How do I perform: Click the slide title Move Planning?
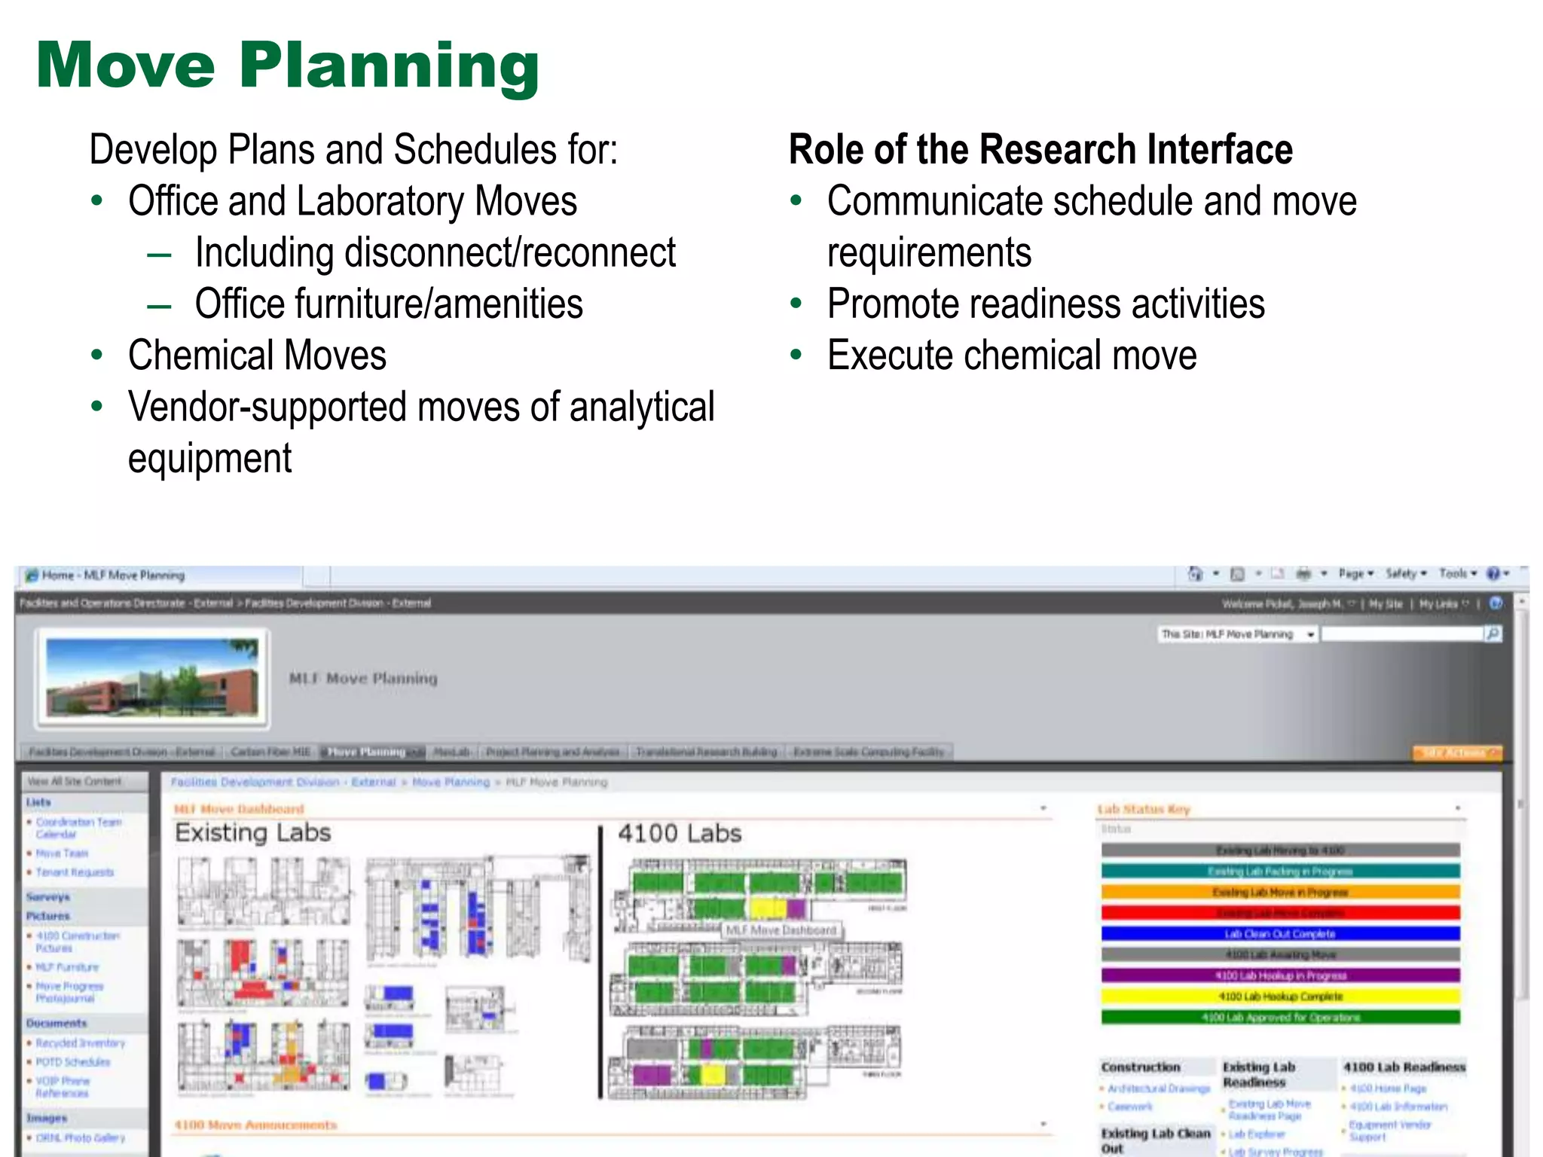288,66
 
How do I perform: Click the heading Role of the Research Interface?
1040,149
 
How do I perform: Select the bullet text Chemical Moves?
257,356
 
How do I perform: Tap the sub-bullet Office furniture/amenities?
389,304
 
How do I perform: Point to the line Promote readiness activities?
1046,304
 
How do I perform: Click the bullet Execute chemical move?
1011,356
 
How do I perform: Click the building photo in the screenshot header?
152,678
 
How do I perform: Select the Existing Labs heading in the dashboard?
253,833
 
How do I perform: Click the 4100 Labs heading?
680,834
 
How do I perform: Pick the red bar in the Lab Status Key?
1280,913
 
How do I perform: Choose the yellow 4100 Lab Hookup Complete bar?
1280,997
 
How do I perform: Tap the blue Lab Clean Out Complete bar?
1280,934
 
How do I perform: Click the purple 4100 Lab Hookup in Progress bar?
1280,975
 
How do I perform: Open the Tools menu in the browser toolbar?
1456,574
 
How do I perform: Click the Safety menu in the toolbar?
1404,574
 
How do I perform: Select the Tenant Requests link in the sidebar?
75,872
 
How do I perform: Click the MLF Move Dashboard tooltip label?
781,930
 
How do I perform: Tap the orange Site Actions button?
1456,753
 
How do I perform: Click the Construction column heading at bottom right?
1141,1067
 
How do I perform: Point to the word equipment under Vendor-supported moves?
209,459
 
